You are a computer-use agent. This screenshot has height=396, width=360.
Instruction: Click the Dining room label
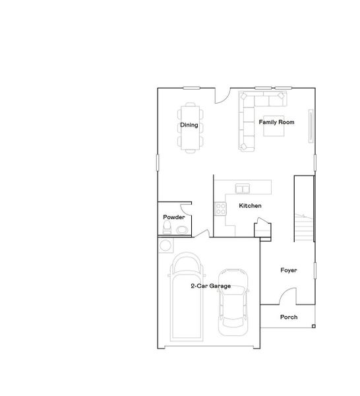189,125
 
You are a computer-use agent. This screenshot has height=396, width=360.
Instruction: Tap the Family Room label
276,122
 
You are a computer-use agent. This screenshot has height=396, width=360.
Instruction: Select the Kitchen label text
251,206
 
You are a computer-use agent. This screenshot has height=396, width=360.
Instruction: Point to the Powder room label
174,217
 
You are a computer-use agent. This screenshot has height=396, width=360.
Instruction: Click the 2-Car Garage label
210,286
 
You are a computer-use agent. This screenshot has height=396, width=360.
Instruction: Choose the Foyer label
288,271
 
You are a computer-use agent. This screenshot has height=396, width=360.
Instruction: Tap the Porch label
289,317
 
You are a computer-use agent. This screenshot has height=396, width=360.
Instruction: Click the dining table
189,127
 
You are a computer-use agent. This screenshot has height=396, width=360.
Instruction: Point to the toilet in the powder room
167,229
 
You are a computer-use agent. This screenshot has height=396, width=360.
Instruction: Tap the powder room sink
181,230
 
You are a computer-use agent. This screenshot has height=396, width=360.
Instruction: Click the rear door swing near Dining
224,95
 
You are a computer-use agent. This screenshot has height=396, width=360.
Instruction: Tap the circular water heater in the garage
165,245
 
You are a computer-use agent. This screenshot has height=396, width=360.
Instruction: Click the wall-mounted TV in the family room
312,125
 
